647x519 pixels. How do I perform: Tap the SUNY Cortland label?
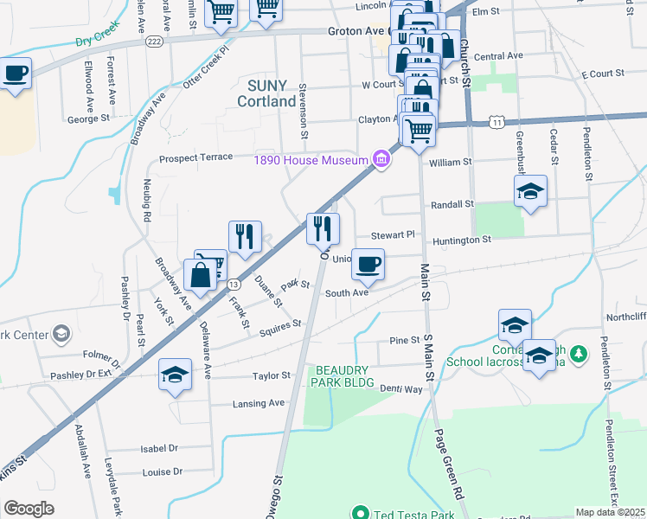point(272,93)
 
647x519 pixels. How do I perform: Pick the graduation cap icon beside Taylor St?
point(175,375)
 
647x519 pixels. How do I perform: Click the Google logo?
point(29,508)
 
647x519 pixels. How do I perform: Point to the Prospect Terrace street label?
point(195,157)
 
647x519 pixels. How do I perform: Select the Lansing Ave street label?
point(259,403)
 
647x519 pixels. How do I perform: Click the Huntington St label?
point(463,239)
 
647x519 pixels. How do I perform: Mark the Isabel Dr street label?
point(159,449)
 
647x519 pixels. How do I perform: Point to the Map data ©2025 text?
point(610,512)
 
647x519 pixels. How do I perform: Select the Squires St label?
point(284,324)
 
